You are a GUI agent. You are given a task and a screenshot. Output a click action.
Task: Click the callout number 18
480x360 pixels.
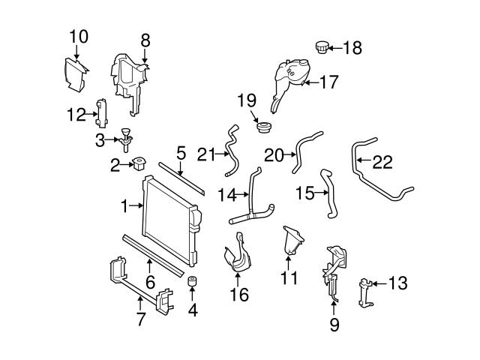tap(352, 48)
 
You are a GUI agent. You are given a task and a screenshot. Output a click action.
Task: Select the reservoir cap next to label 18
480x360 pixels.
tap(323, 48)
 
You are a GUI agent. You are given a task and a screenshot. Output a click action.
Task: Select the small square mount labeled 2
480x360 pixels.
tap(141, 163)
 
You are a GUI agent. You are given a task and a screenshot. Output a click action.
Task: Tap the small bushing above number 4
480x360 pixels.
tap(192, 283)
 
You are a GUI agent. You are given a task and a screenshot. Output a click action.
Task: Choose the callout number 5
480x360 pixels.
tap(180, 152)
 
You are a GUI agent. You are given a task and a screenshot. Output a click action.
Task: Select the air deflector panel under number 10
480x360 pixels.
tap(75, 70)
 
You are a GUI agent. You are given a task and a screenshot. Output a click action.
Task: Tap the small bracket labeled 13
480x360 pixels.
tap(365, 292)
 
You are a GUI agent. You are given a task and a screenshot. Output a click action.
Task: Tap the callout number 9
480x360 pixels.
tap(334, 325)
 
